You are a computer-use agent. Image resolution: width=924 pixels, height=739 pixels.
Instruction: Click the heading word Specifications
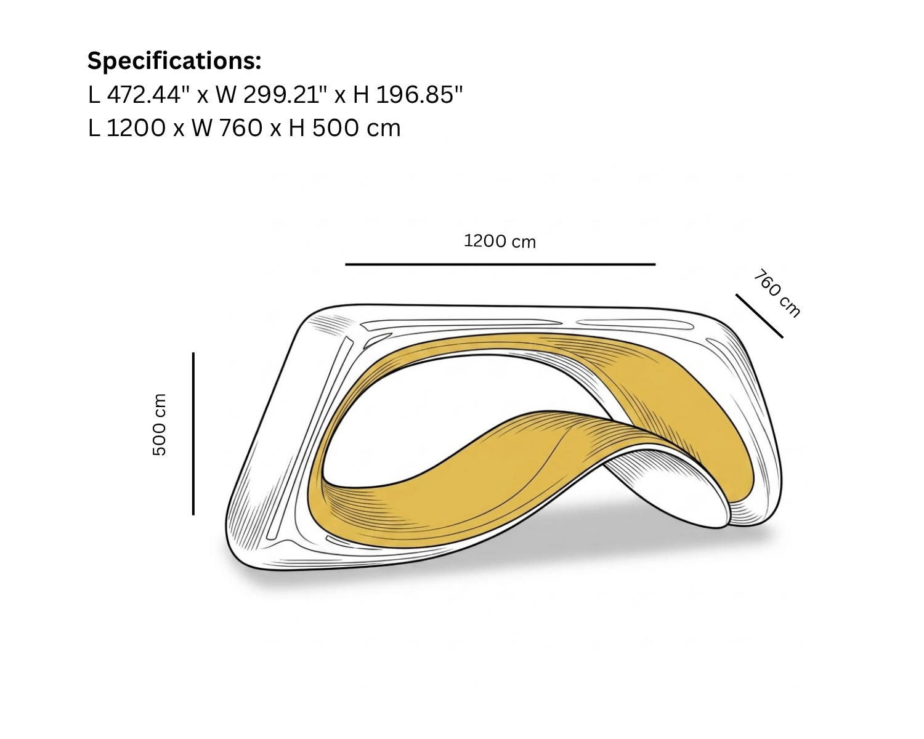tap(174, 61)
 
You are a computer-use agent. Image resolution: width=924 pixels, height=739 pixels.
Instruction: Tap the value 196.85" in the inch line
tap(419, 94)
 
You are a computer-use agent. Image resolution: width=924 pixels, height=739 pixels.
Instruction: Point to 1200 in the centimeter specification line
tap(136, 128)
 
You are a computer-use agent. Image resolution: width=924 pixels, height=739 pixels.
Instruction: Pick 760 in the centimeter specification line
tap(240, 128)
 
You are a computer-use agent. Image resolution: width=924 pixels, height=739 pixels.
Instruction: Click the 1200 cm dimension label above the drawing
tap(500, 241)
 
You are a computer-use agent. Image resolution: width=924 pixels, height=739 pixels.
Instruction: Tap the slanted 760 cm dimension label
tap(777, 293)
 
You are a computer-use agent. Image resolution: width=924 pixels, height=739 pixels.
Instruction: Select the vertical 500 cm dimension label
tap(160, 424)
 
